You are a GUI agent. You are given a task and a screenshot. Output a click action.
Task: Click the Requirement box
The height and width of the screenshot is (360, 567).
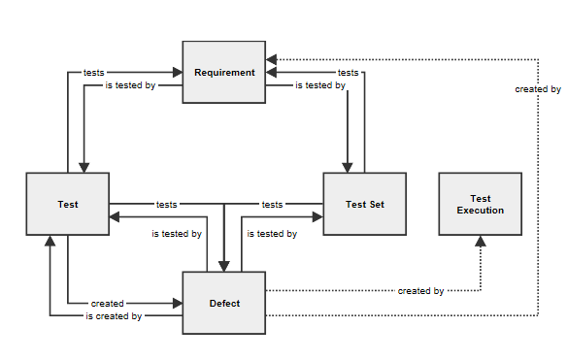coord(224,72)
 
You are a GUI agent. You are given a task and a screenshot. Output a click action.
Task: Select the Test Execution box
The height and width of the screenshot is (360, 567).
coord(480,204)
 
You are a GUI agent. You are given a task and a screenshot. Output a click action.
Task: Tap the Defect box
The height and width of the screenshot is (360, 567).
coord(224,303)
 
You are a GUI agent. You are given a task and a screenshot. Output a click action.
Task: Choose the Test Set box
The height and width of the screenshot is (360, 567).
coord(364,204)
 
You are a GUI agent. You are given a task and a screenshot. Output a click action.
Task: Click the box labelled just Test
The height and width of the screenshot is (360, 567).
coord(67,204)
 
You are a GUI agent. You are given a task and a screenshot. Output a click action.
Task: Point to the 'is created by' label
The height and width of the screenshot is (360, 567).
coord(114,316)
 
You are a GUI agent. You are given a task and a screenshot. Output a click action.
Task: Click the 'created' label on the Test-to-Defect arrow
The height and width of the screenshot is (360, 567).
coord(107,303)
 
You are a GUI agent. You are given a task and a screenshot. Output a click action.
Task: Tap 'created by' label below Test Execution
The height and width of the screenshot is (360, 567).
coord(420,290)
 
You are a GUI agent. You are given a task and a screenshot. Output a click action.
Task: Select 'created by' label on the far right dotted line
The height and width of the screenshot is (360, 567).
coord(538,89)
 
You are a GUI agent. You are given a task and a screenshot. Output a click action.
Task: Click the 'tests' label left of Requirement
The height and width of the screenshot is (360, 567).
coord(93,72)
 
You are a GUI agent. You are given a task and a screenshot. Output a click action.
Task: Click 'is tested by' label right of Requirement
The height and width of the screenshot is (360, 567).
coord(319,85)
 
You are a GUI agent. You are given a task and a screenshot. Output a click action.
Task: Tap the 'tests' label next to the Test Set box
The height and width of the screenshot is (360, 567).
coord(272,205)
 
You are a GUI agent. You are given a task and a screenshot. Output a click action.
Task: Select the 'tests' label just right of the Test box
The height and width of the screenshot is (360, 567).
coord(166,205)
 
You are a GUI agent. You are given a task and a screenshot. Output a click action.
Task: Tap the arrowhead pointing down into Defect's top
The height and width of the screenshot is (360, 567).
coord(224,265)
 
